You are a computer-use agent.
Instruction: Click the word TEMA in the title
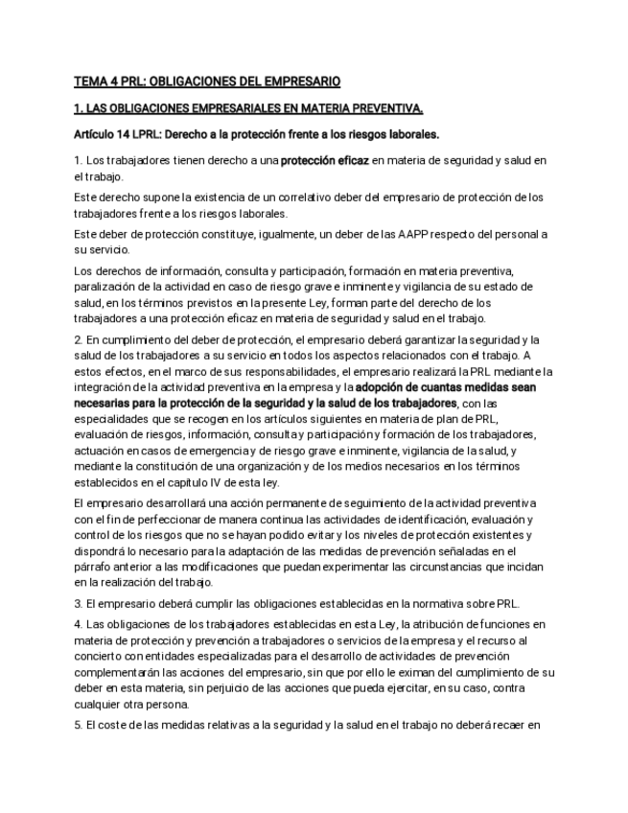[x=91, y=81]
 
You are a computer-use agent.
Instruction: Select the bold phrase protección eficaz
[x=324, y=160]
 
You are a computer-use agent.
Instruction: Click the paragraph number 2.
[x=77, y=339]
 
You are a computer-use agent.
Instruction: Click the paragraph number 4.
[x=77, y=624]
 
